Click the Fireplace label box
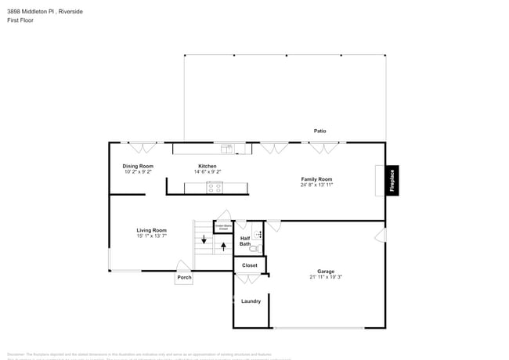click(x=392, y=181)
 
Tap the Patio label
click(x=319, y=131)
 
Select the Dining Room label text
click(x=138, y=166)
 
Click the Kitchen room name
click(x=207, y=166)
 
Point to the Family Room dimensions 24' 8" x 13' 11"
click(x=317, y=185)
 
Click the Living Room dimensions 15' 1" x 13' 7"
click(x=152, y=236)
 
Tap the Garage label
click(x=325, y=271)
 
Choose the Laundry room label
click(x=251, y=301)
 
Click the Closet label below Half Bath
click(x=250, y=265)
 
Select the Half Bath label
click(x=245, y=241)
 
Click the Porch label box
click(x=184, y=277)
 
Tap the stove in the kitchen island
click(x=215, y=187)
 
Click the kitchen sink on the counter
click(x=226, y=148)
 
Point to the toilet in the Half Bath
click(x=254, y=248)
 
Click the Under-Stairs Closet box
click(x=223, y=227)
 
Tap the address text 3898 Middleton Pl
click(x=34, y=11)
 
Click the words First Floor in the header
click(x=21, y=20)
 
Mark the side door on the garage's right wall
click(x=381, y=235)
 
